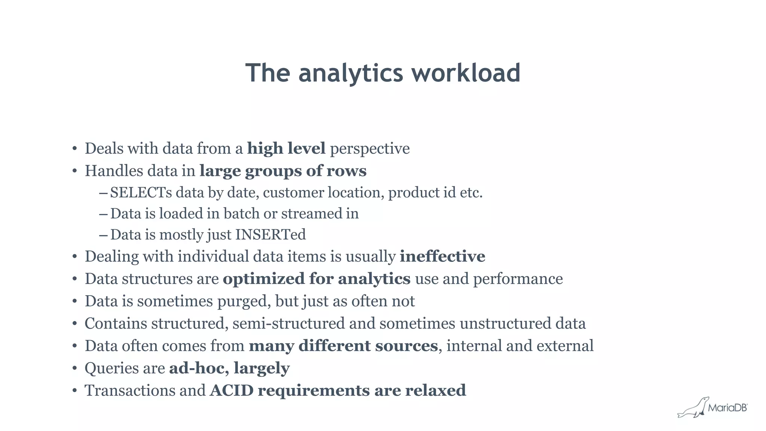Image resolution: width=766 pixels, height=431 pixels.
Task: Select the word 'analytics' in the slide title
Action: point(350,73)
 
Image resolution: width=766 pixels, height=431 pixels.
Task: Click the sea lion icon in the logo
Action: point(693,408)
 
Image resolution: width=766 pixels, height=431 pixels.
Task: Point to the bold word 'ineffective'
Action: point(442,257)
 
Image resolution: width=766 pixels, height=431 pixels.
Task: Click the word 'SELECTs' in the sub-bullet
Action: point(141,193)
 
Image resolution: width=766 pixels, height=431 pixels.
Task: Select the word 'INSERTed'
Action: point(270,235)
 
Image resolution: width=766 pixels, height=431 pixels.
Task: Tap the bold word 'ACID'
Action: point(232,391)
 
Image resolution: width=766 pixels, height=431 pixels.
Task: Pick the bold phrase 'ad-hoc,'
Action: point(199,368)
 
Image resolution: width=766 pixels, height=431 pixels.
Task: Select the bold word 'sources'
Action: point(406,346)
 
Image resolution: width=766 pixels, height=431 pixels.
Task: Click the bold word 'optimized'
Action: point(264,279)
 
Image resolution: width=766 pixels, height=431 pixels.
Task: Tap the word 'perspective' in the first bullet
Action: point(370,149)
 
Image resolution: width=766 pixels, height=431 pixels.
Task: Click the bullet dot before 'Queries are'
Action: point(75,369)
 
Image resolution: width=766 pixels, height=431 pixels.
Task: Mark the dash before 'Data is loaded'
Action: point(103,214)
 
